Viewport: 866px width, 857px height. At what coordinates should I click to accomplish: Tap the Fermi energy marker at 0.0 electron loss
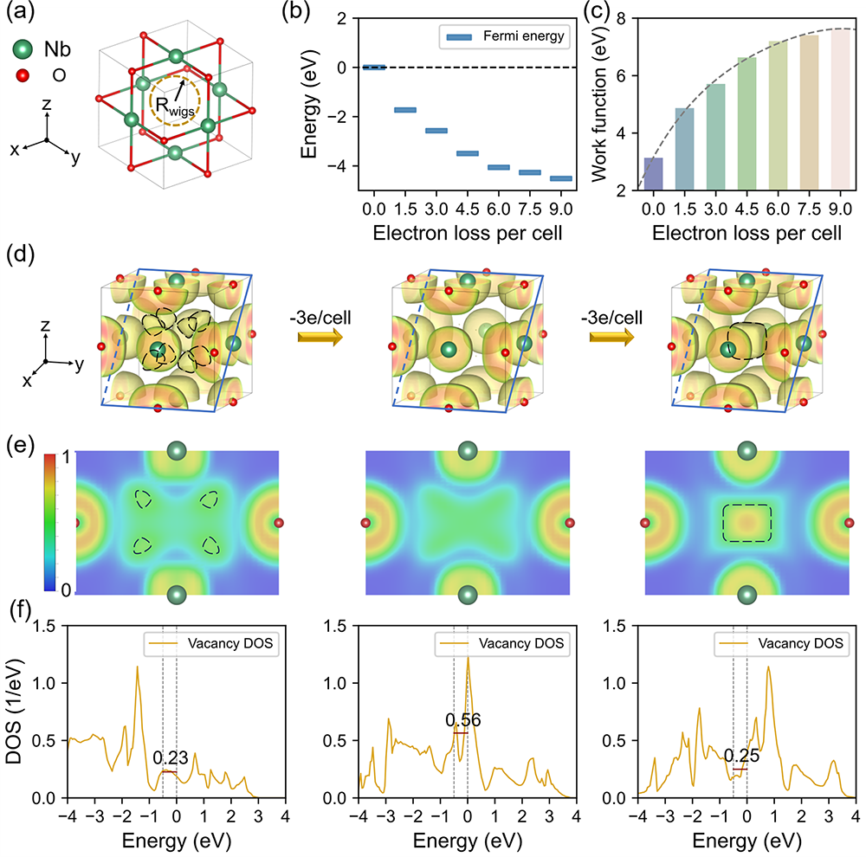point(373,67)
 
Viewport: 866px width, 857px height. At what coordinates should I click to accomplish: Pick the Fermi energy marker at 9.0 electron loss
point(561,178)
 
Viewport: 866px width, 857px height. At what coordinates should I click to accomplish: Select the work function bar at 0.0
point(630,174)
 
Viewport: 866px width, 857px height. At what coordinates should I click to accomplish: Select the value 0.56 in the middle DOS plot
point(462,720)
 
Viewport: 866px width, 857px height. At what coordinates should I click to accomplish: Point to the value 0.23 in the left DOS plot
point(170,758)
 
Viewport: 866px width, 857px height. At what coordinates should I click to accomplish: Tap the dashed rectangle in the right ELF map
point(746,523)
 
